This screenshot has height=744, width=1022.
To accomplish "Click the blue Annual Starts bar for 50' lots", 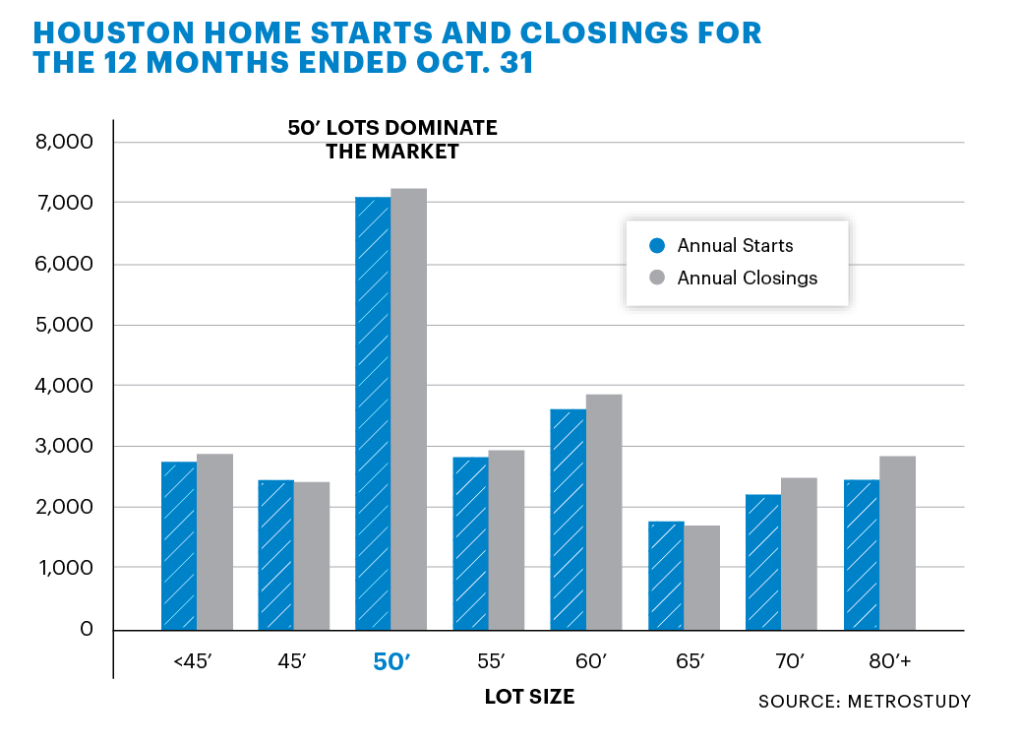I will [373, 413].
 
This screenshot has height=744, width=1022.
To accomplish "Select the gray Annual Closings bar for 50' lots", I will [408, 408].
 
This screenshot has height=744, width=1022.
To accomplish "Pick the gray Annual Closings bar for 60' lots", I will [604, 512].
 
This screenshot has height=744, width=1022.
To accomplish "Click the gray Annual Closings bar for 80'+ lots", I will [896, 542].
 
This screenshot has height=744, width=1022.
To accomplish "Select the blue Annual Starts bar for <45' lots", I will [179, 545].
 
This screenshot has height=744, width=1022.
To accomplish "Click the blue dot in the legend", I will [658, 246].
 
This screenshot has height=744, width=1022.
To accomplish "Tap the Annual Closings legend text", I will [747, 279].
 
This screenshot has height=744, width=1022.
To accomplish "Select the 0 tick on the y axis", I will [87, 629].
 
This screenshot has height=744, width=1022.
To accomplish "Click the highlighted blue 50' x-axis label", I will [391, 662].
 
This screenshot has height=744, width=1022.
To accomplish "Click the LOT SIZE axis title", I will [529, 697].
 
